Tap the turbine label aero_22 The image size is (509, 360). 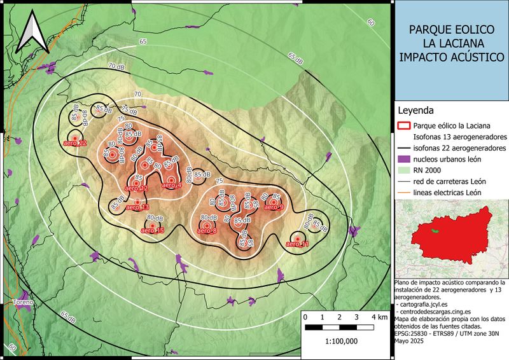point(75,143)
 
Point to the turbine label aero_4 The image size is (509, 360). point(171,185)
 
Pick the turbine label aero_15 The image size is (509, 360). point(153,230)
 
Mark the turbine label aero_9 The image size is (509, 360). point(273,207)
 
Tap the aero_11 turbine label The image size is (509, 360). point(298,244)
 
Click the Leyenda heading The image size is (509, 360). point(415,110)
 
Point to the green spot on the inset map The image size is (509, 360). point(435,230)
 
